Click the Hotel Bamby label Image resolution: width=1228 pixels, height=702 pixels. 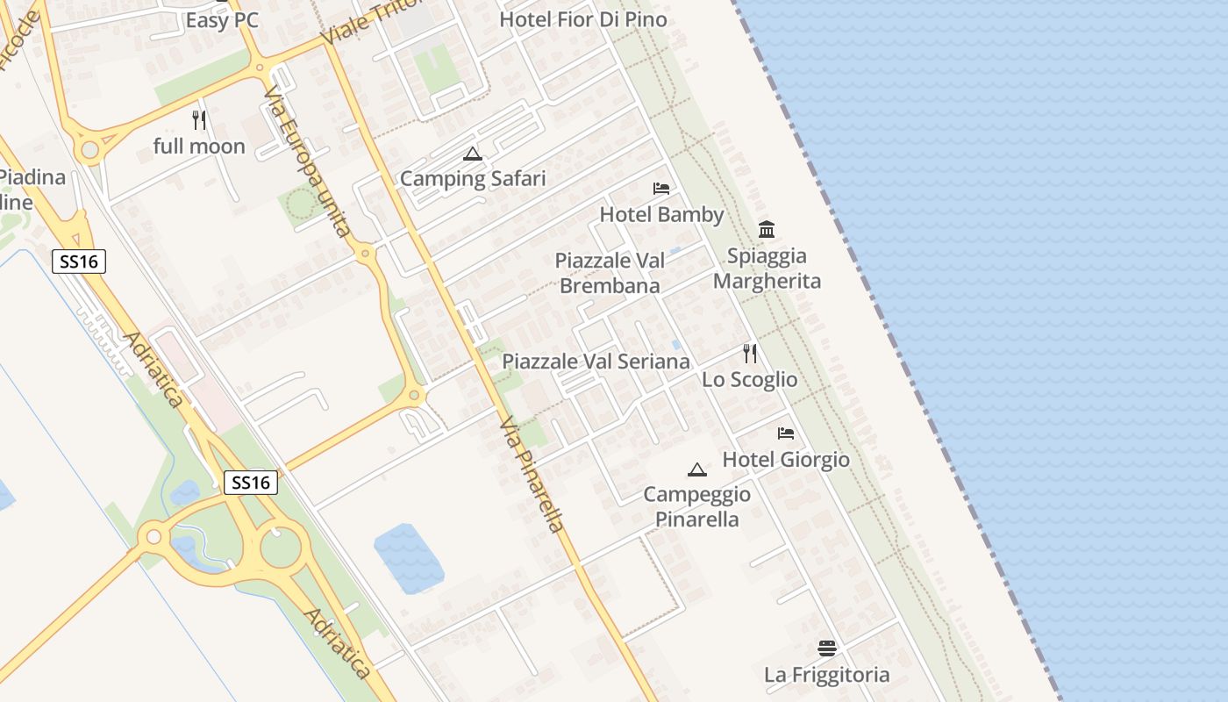click(x=661, y=215)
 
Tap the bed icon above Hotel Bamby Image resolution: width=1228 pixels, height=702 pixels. click(x=661, y=189)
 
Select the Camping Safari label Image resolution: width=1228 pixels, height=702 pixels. click(x=473, y=179)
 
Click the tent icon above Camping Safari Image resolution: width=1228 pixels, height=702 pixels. click(x=473, y=154)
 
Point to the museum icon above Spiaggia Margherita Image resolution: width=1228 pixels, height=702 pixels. click(x=767, y=230)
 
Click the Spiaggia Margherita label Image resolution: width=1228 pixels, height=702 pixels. click(x=767, y=269)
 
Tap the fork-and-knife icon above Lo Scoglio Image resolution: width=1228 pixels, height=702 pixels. click(x=750, y=354)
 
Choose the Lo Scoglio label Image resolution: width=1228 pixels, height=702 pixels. click(x=750, y=380)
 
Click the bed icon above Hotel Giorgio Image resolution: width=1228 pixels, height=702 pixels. click(x=786, y=433)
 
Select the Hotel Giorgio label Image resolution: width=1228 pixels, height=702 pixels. click(x=786, y=460)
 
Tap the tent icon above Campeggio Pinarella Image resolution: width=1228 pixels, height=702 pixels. click(x=697, y=469)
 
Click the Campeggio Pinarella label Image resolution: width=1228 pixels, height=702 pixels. click(x=697, y=506)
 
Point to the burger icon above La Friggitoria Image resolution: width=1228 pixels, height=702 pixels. click(x=827, y=648)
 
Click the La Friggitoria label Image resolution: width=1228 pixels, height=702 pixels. click(x=827, y=675)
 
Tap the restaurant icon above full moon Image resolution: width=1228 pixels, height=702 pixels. click(x=199, y=120)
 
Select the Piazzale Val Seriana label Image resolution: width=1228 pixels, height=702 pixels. click(x=596, y=362)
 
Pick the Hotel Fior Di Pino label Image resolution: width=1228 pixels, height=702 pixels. click(x=583, y=19)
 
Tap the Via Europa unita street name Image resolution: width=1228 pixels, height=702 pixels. click(x=307, y=161)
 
